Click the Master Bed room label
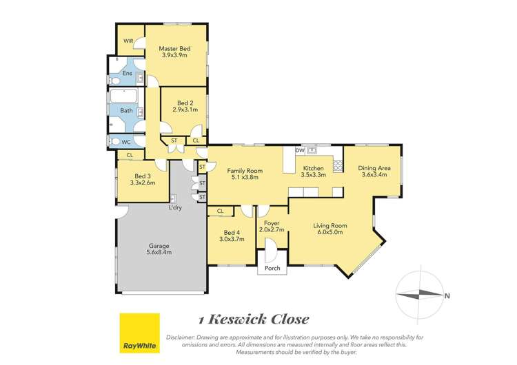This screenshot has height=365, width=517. pyautogui.click(x=174, y=49)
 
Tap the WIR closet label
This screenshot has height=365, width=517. pyautogui.click(x=128, y=41)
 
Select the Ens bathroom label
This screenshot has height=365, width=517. pyautogui.click(x=128, y=74)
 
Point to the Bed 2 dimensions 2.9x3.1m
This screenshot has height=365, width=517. pyautogui.click(x=185, y=109)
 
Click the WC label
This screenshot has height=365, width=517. pyautogui.click(x=126, y=142)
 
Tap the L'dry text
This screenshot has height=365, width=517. pyautogui.click(x=175, y=207)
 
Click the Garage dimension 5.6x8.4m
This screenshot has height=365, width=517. pyautogui.click(x=159, y=253)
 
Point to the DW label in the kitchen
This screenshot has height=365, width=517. pyautogui.click(x=300, y=150)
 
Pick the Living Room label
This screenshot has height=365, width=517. pyautogui.click(x=330, y=225)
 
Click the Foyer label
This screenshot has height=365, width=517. pyautogui.click(x=271, y=223)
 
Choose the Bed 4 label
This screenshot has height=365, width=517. pyautogui.click(x=232, y=232)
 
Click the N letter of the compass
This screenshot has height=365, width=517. pyautogui.click(x=447, y=297)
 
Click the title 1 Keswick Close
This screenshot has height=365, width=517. pyautogui.click(x=254, y=319)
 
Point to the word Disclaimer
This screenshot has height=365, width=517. pyautogui.click(x=181, y=337)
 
